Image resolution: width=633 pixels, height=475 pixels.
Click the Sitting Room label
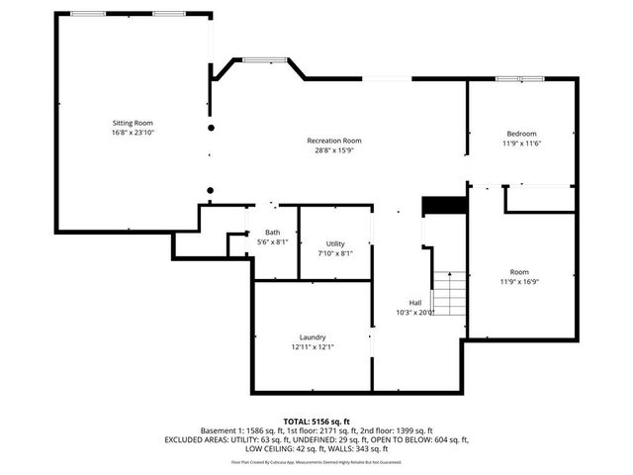point(133,123)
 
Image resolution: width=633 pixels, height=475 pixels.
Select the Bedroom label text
point(521,134)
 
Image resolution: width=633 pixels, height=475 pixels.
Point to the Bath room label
point(272,233)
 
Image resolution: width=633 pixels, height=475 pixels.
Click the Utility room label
point(335,243)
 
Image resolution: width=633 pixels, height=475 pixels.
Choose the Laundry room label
point(313,336)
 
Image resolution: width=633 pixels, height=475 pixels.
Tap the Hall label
point(415,303)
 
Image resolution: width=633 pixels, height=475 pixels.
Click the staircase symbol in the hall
point(449,293)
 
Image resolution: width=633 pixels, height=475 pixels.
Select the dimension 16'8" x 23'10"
point(133,133)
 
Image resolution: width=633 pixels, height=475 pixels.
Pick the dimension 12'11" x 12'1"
point(313,346)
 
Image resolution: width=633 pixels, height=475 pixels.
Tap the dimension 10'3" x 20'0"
point(415,313)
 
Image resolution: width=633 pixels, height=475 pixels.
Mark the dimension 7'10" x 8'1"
point(335,253)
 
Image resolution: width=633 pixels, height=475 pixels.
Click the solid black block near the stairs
point(444,205)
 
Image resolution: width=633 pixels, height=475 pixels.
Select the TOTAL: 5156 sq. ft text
point(316,421)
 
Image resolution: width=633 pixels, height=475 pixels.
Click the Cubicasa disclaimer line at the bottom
point(316,461)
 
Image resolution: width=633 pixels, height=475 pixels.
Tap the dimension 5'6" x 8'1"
point(272,242)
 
